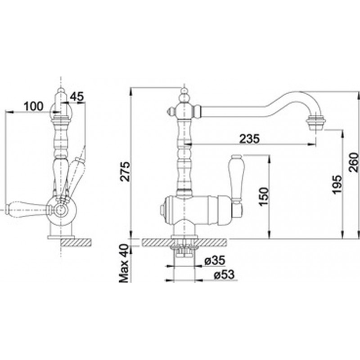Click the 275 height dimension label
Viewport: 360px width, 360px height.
126,171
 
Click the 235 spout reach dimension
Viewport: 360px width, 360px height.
249,139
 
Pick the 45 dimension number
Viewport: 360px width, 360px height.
77,96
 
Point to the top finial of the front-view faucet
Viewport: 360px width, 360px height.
184,94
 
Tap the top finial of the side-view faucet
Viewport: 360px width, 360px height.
61,94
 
